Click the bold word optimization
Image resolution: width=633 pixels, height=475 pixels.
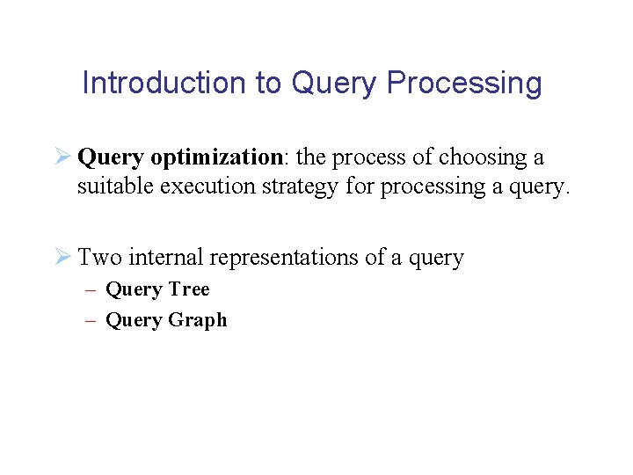[215, 157]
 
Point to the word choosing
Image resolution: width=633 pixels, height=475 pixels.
[479, 157]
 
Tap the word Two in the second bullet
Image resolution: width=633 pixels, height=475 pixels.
[99, 258]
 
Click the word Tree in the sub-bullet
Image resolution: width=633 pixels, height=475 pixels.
[189, 289]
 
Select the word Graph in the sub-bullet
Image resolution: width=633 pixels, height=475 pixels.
[198, 320]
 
